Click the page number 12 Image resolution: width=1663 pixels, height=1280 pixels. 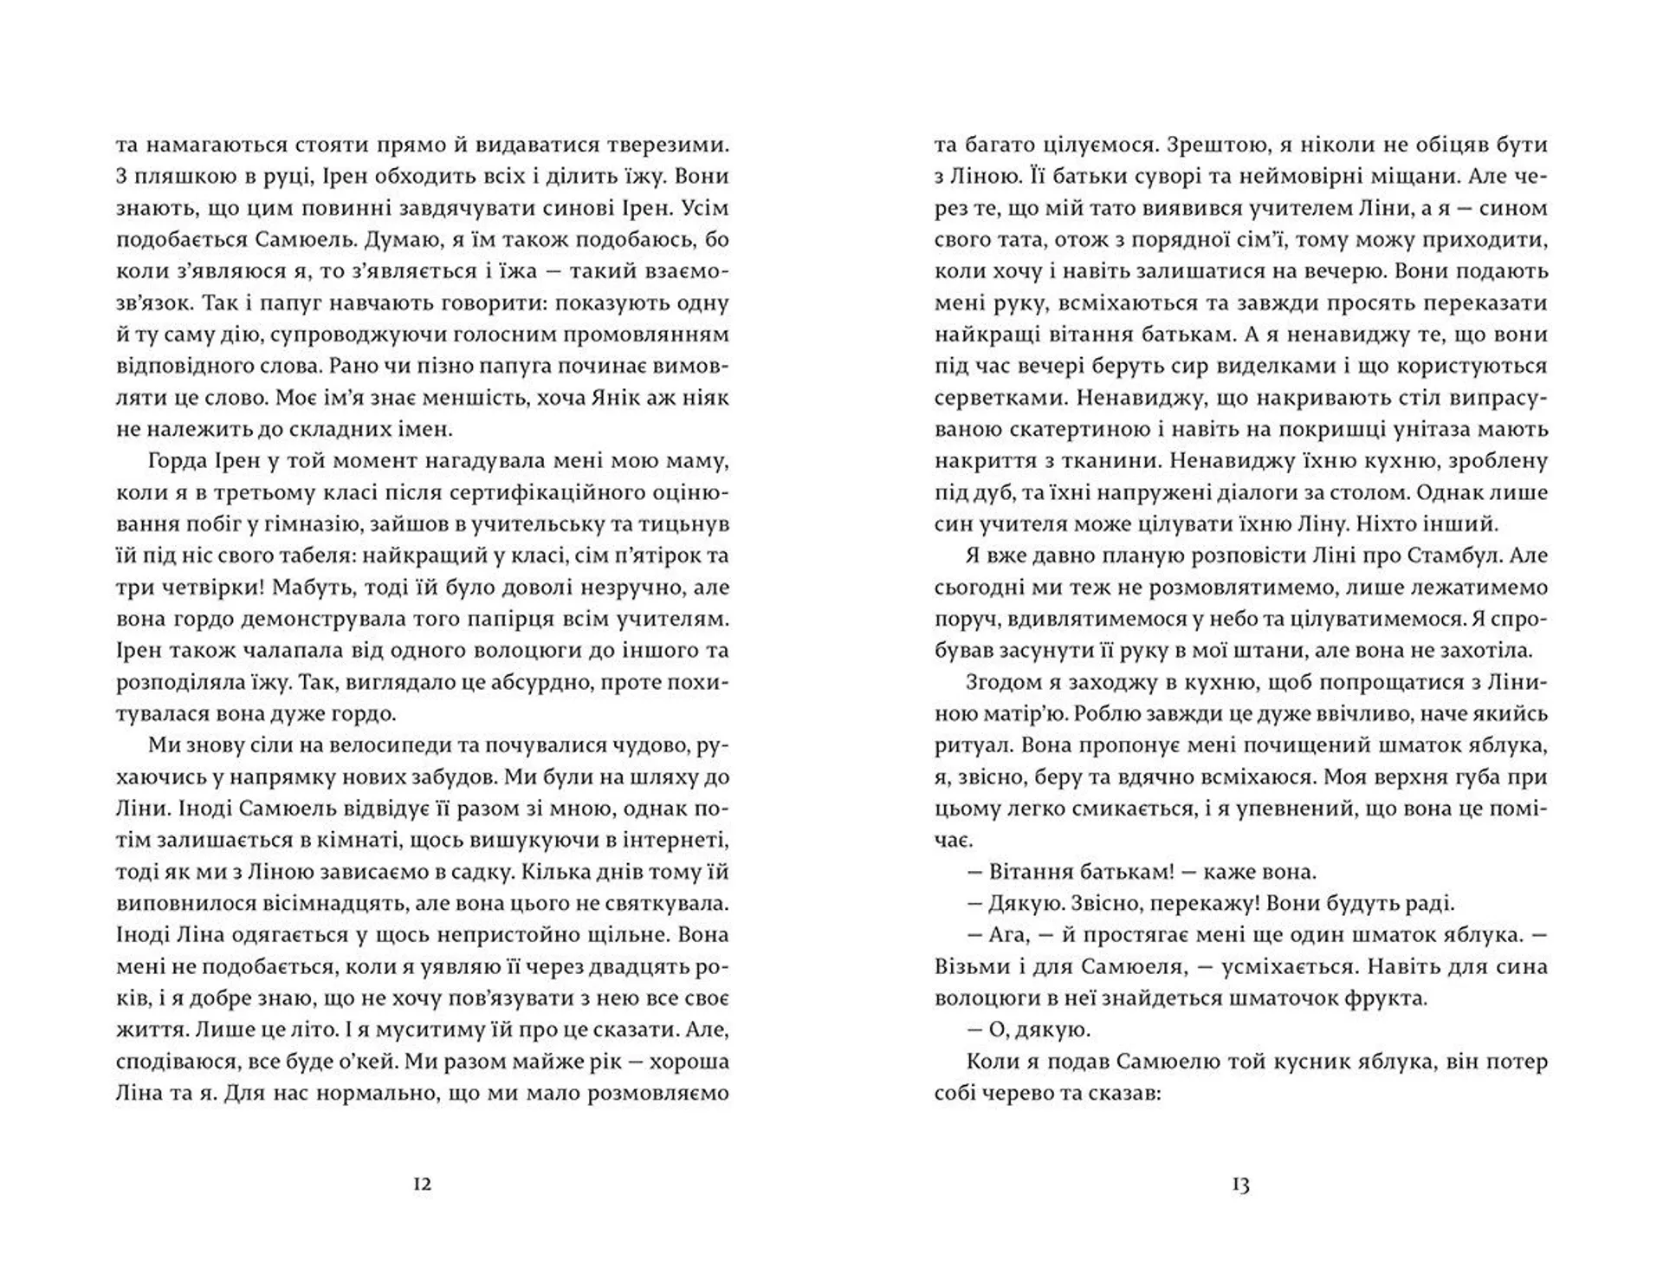pyautogui.click(x=422, y=1185)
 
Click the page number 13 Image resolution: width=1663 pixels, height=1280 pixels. pyautogui.click(x=1240, y=1185)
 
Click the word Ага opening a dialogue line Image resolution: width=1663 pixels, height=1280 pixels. pyautogui.click(x=1007, y=935)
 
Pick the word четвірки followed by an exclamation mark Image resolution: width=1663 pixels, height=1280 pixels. pyautogui.click(x=198, y=588)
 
